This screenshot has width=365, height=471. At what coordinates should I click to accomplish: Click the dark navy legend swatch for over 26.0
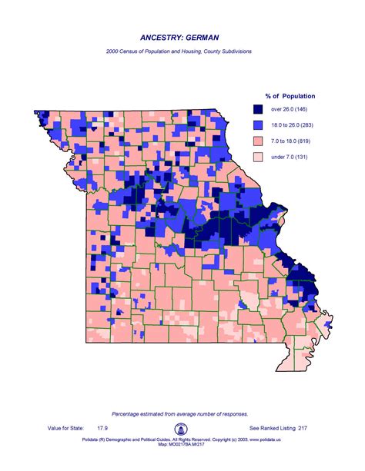coord(259,110)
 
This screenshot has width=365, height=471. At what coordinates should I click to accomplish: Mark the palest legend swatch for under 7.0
coord(259,156)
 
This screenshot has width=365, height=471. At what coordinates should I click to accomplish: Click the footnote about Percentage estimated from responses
coord(182,413)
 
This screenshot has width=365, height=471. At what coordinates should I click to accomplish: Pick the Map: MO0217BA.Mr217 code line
coord(182,443)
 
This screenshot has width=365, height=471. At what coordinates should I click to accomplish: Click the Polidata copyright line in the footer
coord(182,438)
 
